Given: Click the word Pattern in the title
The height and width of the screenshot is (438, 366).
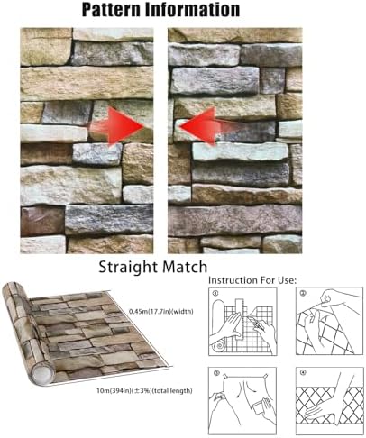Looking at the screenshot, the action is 111,9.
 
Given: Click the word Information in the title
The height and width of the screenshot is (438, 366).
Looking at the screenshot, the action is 193,9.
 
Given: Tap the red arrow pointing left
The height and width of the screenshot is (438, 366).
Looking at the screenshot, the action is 207,126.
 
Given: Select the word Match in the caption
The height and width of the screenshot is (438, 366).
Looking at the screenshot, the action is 184,267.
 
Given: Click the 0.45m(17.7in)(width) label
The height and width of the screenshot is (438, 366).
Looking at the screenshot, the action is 161,311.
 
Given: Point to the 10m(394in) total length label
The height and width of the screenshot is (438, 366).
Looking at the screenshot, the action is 144,391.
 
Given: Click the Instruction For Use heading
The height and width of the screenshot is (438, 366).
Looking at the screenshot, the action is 252,280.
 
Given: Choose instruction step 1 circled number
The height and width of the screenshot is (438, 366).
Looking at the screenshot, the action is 215,293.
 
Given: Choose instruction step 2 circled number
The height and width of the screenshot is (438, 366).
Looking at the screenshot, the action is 303,293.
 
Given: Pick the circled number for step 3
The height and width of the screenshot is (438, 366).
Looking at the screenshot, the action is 215,373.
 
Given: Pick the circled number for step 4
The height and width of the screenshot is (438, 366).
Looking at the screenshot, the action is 303,372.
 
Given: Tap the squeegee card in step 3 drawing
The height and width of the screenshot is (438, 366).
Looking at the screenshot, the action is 259,408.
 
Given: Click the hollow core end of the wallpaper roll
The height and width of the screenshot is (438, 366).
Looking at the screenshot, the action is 42,374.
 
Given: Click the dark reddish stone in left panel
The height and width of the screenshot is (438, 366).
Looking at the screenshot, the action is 42,222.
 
